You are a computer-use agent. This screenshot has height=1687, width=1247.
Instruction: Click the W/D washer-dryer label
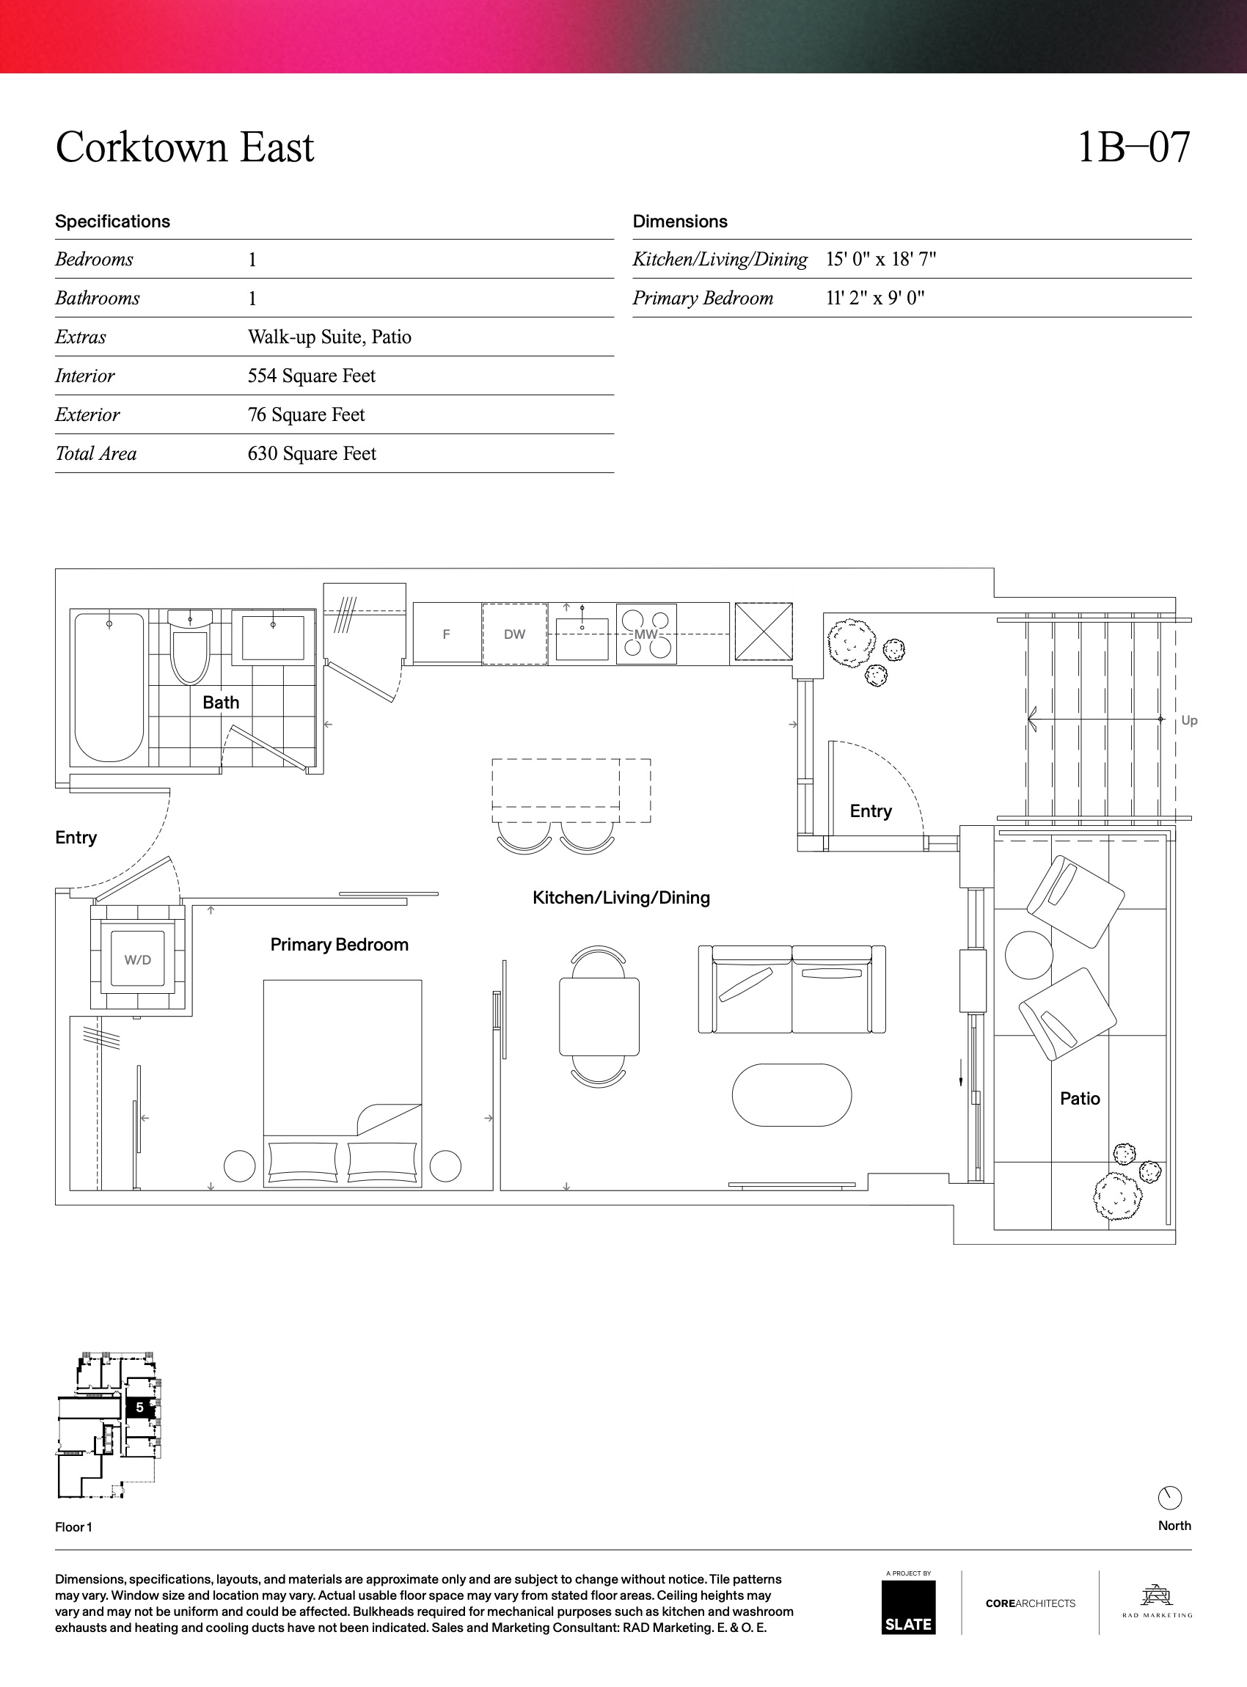137,960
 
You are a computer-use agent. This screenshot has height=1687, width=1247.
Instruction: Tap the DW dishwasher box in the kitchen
515,634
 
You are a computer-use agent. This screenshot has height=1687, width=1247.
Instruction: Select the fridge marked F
447,633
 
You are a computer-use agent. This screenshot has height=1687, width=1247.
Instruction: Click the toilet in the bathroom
189,647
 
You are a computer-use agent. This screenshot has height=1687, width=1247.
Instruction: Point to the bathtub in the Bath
109,687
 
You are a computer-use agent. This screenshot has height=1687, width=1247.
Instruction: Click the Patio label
1080,1098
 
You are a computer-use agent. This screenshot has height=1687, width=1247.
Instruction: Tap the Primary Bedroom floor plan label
339,944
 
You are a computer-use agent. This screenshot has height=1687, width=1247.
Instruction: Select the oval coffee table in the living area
791,1095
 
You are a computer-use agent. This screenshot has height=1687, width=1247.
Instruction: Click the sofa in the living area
791,989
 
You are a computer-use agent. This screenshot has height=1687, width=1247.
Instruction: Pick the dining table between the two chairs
599,1017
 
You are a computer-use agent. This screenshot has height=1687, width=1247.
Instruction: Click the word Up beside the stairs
1189,720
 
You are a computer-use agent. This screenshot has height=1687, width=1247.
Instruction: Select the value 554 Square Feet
312,376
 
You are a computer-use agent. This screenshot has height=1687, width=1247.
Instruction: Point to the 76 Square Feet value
307,414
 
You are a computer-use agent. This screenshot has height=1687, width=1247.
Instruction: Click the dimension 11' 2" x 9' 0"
875,298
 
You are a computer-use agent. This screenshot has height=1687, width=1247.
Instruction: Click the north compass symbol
1169,1498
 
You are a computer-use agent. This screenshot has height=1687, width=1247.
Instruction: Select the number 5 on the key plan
139,1408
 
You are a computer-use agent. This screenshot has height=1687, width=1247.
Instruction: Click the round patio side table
1029,954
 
